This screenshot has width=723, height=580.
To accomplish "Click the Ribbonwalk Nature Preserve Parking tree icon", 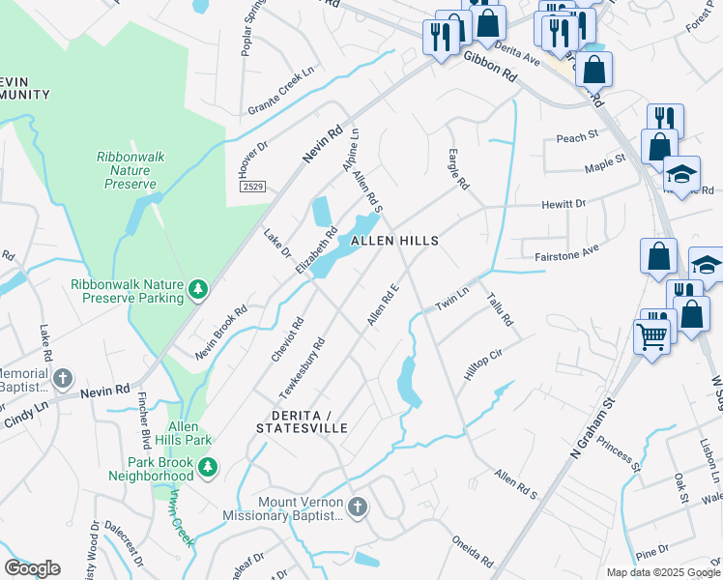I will tap(198, 289).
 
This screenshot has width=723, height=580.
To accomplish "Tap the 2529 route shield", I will tap(253, 187).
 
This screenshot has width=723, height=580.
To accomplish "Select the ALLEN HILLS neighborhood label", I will tap(394, 241).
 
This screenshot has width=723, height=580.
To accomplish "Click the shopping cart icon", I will tap(651, 337).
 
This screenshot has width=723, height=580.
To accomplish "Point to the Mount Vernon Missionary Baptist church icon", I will tap(358, 507).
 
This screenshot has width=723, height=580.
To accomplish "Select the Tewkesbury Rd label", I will tap(301, 366).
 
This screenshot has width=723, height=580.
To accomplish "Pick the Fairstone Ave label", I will tap(567, 253).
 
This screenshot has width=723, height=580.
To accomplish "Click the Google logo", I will tap(32, 568).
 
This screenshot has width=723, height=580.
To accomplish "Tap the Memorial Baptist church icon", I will tap(63, 378).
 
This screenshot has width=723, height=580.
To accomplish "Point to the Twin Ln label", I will tap(451, 298).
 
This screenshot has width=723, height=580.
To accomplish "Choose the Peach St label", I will tap(578, 137).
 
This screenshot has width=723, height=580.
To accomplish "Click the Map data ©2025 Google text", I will tap(662, 572).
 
